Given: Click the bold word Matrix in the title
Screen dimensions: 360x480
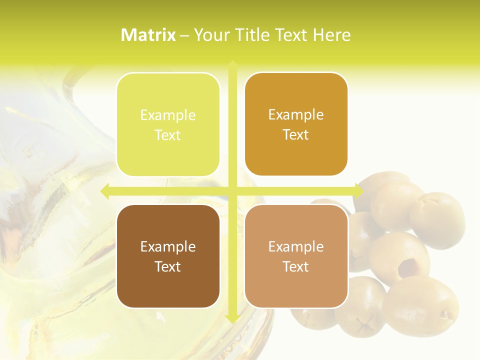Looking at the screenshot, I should [148, 35].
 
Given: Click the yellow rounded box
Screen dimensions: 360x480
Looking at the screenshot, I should [168, 124].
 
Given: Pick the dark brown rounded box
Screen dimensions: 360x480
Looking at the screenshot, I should [168, 256].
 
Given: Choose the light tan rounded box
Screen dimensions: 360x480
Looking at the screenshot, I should [296, 256].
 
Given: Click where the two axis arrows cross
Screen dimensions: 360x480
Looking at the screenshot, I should [232, 190].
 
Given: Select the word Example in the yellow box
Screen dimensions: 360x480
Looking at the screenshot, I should [168, 115].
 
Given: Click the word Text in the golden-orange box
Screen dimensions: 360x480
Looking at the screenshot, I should [296, 134].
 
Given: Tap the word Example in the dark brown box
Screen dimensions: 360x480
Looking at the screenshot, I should [168, 246].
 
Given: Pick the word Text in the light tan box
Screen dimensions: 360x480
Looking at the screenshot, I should [296, 266].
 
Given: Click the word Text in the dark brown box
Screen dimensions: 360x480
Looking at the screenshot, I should [168, 266].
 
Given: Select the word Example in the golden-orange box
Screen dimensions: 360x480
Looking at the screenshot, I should [296, 114].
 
